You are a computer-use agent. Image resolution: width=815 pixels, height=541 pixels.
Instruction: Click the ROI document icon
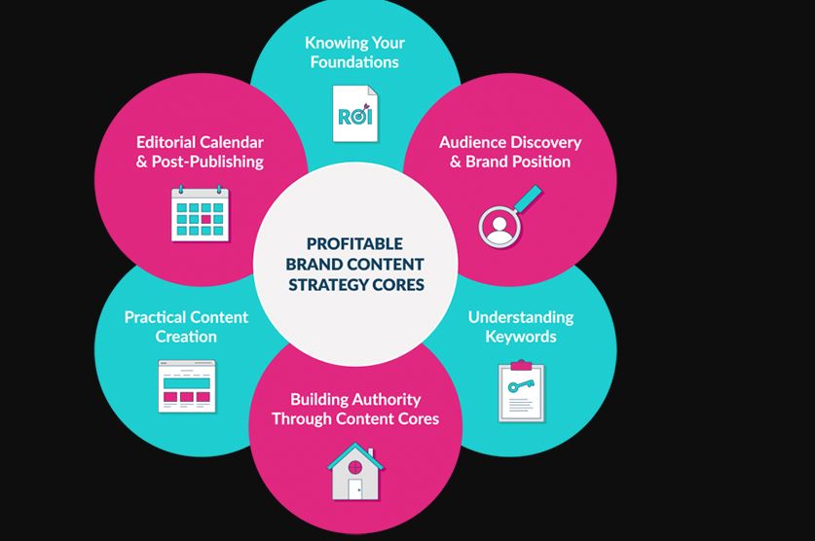(x=355, y=114)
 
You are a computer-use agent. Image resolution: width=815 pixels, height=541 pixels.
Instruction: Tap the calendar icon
(x=201, y=213)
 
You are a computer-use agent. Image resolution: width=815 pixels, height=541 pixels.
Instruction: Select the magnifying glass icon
(x=509, y=215)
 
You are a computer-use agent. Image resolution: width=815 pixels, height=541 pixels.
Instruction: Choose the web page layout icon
(x=187, y=385)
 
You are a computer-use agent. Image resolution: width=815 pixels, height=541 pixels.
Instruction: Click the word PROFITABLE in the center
(x=354, y=243)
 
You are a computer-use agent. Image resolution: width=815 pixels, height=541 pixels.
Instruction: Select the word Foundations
(x=354, y=62)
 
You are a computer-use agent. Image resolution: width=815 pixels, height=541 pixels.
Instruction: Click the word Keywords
(x=521, y=337)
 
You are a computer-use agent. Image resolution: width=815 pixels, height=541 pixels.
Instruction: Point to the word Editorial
(x=167, y=142)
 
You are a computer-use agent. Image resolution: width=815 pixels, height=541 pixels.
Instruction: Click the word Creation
(x=186, y=337)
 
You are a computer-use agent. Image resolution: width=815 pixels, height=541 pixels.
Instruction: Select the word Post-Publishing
(x=207, y=162)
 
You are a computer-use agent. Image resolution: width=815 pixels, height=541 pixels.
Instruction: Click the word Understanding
(x=521, y=317)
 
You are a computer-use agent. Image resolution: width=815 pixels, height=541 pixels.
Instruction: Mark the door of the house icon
(x=355, y=489)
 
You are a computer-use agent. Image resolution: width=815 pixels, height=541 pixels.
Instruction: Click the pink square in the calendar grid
(x=206, y=219)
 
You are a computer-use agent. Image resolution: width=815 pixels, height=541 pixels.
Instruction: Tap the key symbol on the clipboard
(x=521, y=385)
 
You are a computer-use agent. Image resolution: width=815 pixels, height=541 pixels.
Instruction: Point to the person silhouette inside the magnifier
(x=500, y=229)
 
